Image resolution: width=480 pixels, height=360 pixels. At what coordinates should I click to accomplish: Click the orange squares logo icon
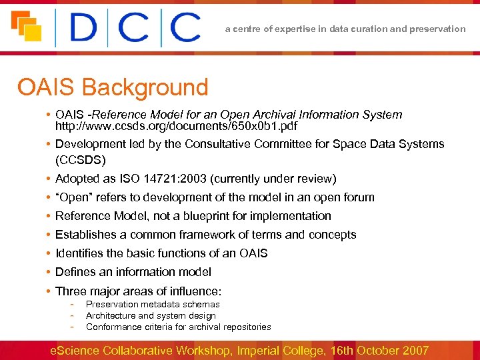pos(27,27)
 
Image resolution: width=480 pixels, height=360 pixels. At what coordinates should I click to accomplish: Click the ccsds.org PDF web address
pos(176,126)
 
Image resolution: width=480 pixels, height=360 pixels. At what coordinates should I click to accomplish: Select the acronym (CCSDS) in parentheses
pos(81,160)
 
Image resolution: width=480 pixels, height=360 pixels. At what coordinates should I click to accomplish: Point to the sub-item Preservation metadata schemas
pos(153,305)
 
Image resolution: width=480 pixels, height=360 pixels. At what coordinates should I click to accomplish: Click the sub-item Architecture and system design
pos(151,316)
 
